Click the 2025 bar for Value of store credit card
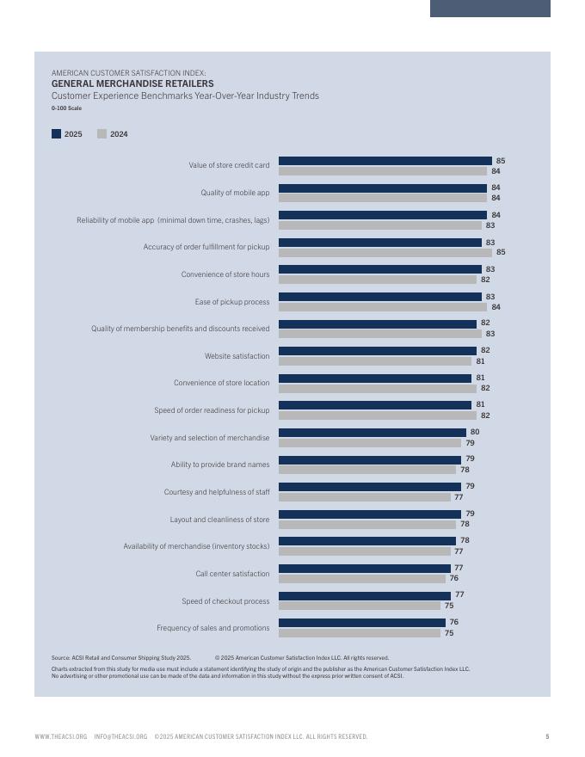(385, 161)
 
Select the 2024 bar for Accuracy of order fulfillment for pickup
(385, 253)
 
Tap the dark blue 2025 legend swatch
(57, 134)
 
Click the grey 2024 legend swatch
(102, 134)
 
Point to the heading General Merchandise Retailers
(132, 84)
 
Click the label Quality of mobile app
(235, 193)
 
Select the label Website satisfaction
(237, 356)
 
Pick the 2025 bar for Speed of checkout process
(365, 595)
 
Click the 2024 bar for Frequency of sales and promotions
(360, 633)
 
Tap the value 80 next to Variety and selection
(475, 433)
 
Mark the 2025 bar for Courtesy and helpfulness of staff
(370, 487)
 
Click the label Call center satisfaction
(232, 574)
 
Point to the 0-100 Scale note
(66, 108)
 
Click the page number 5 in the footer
(547, 736)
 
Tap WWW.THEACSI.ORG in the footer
(61, 736)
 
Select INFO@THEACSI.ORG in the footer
(120, 736)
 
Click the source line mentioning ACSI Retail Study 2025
(121, 658)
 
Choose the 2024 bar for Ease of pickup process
(383, 307)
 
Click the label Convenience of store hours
(225, 274)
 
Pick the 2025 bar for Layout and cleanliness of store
(370, 514)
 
